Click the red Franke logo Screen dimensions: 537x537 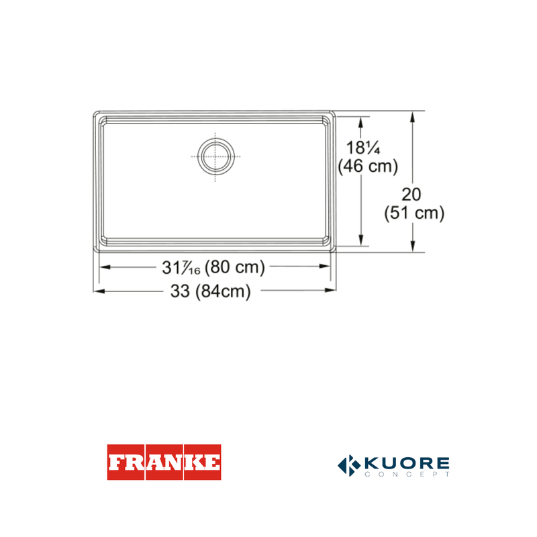[164, 462]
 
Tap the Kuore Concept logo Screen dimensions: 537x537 [393, 465]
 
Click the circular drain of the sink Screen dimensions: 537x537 [216, 157]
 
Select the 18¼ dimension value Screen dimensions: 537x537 [363, 148]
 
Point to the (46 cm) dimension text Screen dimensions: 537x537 [368, 166]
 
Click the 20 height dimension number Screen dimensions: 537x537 [411, 195]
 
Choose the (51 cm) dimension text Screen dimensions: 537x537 [414, 213]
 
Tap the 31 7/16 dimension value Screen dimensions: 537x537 [181, 267]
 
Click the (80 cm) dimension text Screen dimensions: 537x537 [235, 267]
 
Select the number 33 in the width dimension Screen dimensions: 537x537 [180, 291]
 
